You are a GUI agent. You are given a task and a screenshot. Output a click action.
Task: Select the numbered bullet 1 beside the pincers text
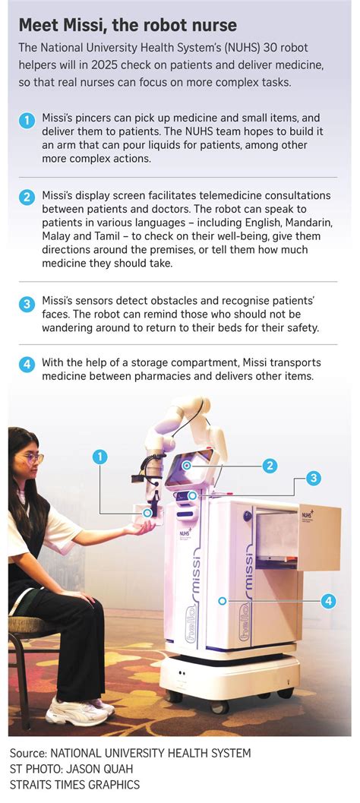click(x=27, y=120)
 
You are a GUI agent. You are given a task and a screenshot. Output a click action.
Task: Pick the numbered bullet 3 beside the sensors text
click(x=27, y=305)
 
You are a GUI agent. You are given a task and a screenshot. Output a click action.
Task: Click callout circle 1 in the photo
click(x=99, y=457)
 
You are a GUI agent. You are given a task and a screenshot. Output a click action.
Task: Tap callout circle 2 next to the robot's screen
click(x=270, y=466)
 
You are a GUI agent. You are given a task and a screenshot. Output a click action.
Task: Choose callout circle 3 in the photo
click(x=313, y=479)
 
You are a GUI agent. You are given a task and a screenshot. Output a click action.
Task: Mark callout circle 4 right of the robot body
click(x=327, y=600)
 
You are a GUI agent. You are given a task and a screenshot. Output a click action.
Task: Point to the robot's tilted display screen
click(x=187, y=470)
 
